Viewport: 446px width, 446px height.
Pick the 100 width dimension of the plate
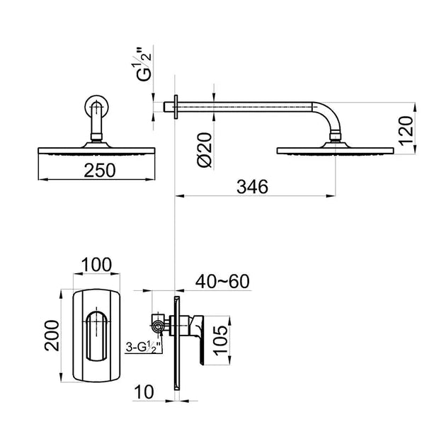click(96, 265)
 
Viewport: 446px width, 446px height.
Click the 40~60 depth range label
click(223, 282)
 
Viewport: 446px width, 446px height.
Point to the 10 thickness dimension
click(144, 391)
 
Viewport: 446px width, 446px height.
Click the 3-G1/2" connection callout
click(142, 348)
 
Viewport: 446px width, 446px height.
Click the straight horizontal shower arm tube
click(248, 107)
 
